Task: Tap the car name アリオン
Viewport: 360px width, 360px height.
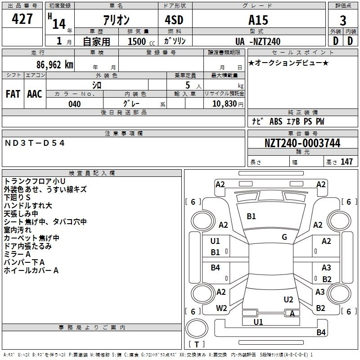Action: [115, 20]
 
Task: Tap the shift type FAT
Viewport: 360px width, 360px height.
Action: [13, 94]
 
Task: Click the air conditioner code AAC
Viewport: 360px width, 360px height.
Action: [35, 94]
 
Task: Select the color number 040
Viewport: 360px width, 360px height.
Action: [75, 104]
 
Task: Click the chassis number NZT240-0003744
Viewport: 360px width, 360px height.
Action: [302, 143]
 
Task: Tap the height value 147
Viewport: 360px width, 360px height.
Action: [346, 162]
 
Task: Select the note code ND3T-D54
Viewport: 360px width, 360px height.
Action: [35, 143]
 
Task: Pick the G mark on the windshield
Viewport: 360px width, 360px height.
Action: [284, 237]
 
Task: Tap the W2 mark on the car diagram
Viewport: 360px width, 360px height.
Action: [221, 308]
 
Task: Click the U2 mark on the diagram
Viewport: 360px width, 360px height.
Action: [288, 300]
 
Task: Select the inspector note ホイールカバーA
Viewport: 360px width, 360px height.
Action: [31, 270]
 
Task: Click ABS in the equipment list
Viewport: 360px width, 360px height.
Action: [275, 121]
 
